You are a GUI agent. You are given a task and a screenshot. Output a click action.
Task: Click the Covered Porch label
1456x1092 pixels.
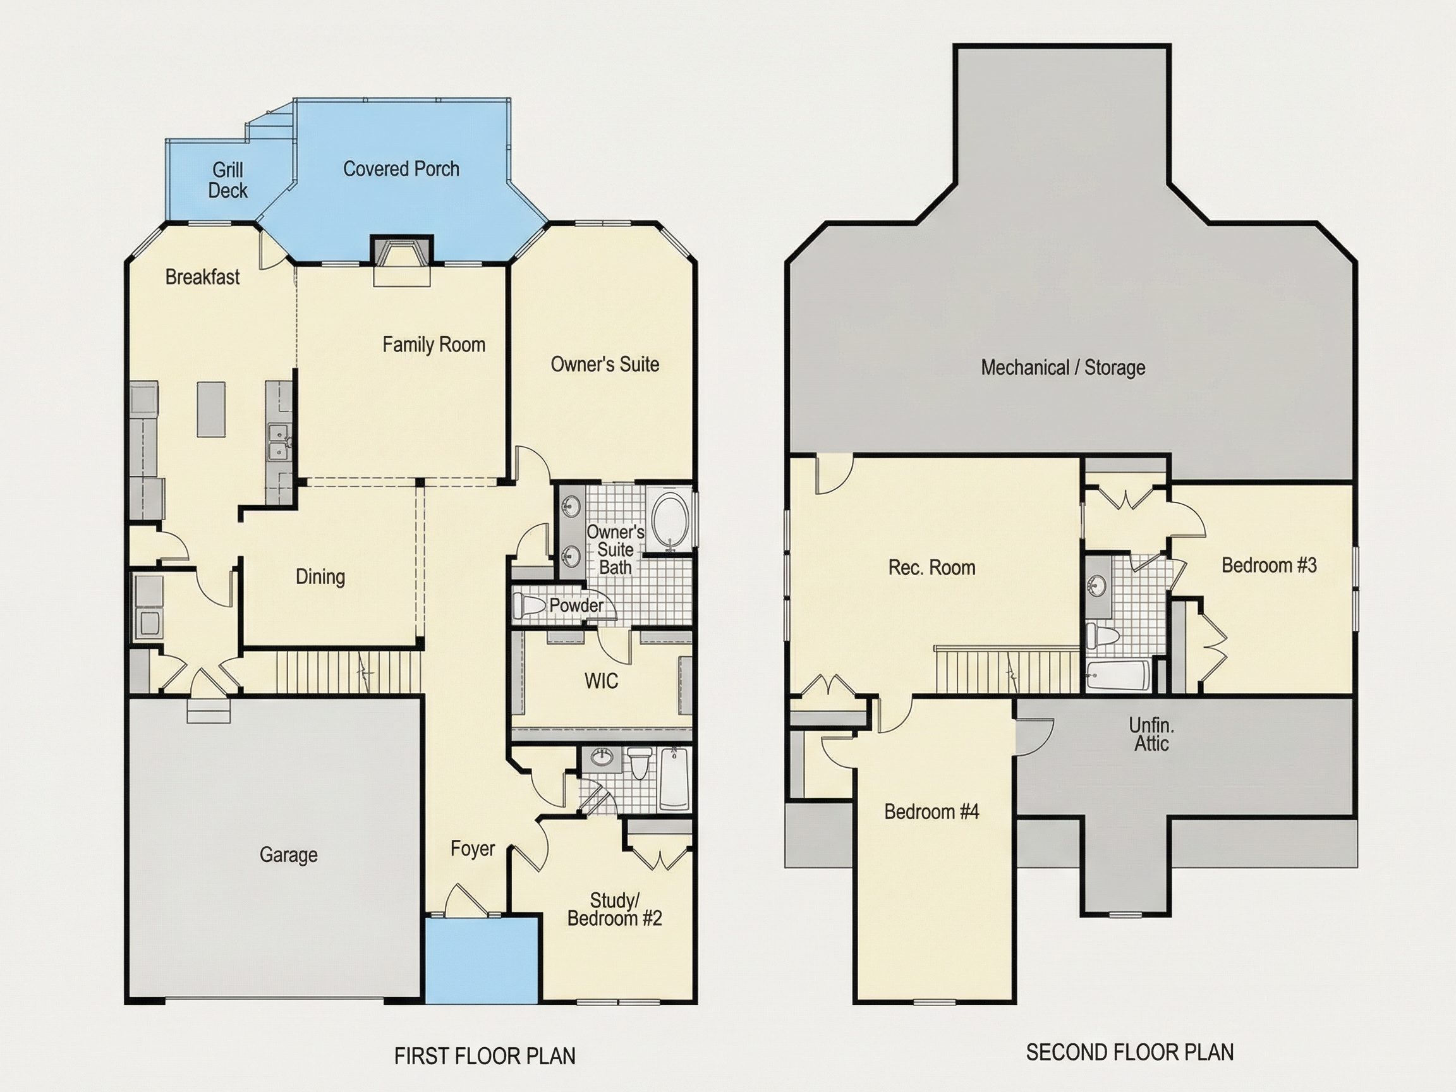coord(401,169)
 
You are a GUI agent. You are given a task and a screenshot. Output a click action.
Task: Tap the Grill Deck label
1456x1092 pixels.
coord(227,180)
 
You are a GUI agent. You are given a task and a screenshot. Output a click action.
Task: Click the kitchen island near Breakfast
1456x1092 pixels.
coord(210,409)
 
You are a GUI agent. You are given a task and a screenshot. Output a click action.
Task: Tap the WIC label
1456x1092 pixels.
coord(601,681)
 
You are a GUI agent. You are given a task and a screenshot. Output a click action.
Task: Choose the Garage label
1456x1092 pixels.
coord(288,854)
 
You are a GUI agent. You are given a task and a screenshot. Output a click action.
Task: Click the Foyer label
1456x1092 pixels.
coord(473,849)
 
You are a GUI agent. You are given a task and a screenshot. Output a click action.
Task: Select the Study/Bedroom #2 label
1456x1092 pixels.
coord(614,909)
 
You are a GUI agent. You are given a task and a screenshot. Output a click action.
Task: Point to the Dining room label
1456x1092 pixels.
coord(320,576)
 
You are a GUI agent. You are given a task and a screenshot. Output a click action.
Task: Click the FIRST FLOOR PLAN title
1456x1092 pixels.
coord(485,1056)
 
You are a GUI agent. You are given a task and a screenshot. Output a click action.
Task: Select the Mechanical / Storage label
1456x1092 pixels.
coord(1063,367)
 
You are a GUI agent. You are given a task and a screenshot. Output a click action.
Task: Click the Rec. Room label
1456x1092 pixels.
coord(931,567)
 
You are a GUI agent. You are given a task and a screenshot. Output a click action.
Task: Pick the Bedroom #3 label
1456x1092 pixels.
coord(1269,565)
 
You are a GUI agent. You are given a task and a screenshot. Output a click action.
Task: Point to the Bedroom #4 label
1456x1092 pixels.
coord(931,811)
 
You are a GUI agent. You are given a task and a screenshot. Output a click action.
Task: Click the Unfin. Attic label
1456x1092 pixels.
coord(1151,734)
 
